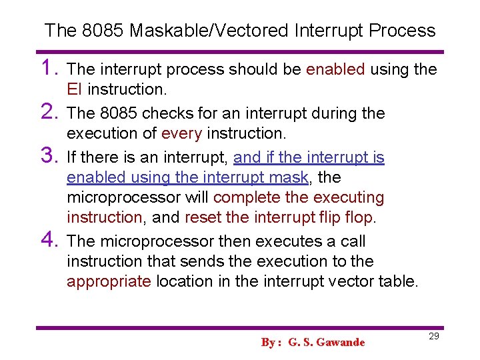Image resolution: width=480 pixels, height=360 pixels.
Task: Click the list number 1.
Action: [x=51, y=68]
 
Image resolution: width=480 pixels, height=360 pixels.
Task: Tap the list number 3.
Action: [x=51, y=156]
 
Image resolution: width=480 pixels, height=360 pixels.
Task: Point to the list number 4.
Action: [x=51, y=240]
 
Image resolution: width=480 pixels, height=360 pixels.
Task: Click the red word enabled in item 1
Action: [x=335, y=69]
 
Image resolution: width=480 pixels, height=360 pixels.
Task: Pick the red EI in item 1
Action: [x=75, y=89]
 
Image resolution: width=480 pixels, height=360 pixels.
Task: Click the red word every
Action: [x=181, y=133]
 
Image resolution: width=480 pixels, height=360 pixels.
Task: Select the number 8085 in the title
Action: [x=103, y=31]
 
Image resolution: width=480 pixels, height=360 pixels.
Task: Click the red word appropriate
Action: [x=109, y=281]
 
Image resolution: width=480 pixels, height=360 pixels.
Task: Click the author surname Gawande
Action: [x=341, y=343]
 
